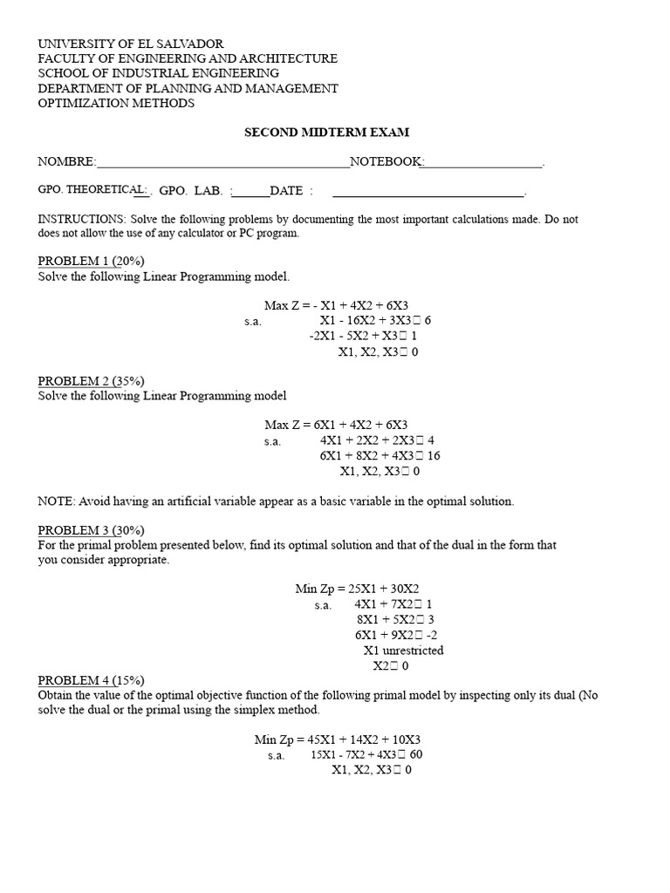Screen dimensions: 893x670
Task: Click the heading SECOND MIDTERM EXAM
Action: coord(325,133)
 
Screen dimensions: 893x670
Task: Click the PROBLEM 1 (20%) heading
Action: coord(91,261)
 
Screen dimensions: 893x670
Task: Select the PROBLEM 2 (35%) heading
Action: coord(91,381)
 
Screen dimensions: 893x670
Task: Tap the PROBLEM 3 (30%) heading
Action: coord(91,530)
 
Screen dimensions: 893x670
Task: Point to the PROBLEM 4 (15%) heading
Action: coord(91,680)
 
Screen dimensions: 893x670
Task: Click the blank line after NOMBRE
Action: coord(223,163)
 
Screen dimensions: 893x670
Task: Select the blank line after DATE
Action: coord(428,192)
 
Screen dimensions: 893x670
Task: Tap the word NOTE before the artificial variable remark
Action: coord(55,501)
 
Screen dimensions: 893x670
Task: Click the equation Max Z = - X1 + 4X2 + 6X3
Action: coord(336,305)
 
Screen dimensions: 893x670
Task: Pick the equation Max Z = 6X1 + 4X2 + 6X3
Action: coord(336,425)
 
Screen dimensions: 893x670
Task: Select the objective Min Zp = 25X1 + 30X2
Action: coord(363,589)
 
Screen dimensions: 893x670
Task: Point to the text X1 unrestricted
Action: coord(403,651)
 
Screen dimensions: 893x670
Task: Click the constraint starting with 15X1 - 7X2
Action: coord(366,754)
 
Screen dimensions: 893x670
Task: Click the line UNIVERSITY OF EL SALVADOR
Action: coord(130,44)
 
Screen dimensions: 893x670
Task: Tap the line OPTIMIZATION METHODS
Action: coord(116,103)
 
